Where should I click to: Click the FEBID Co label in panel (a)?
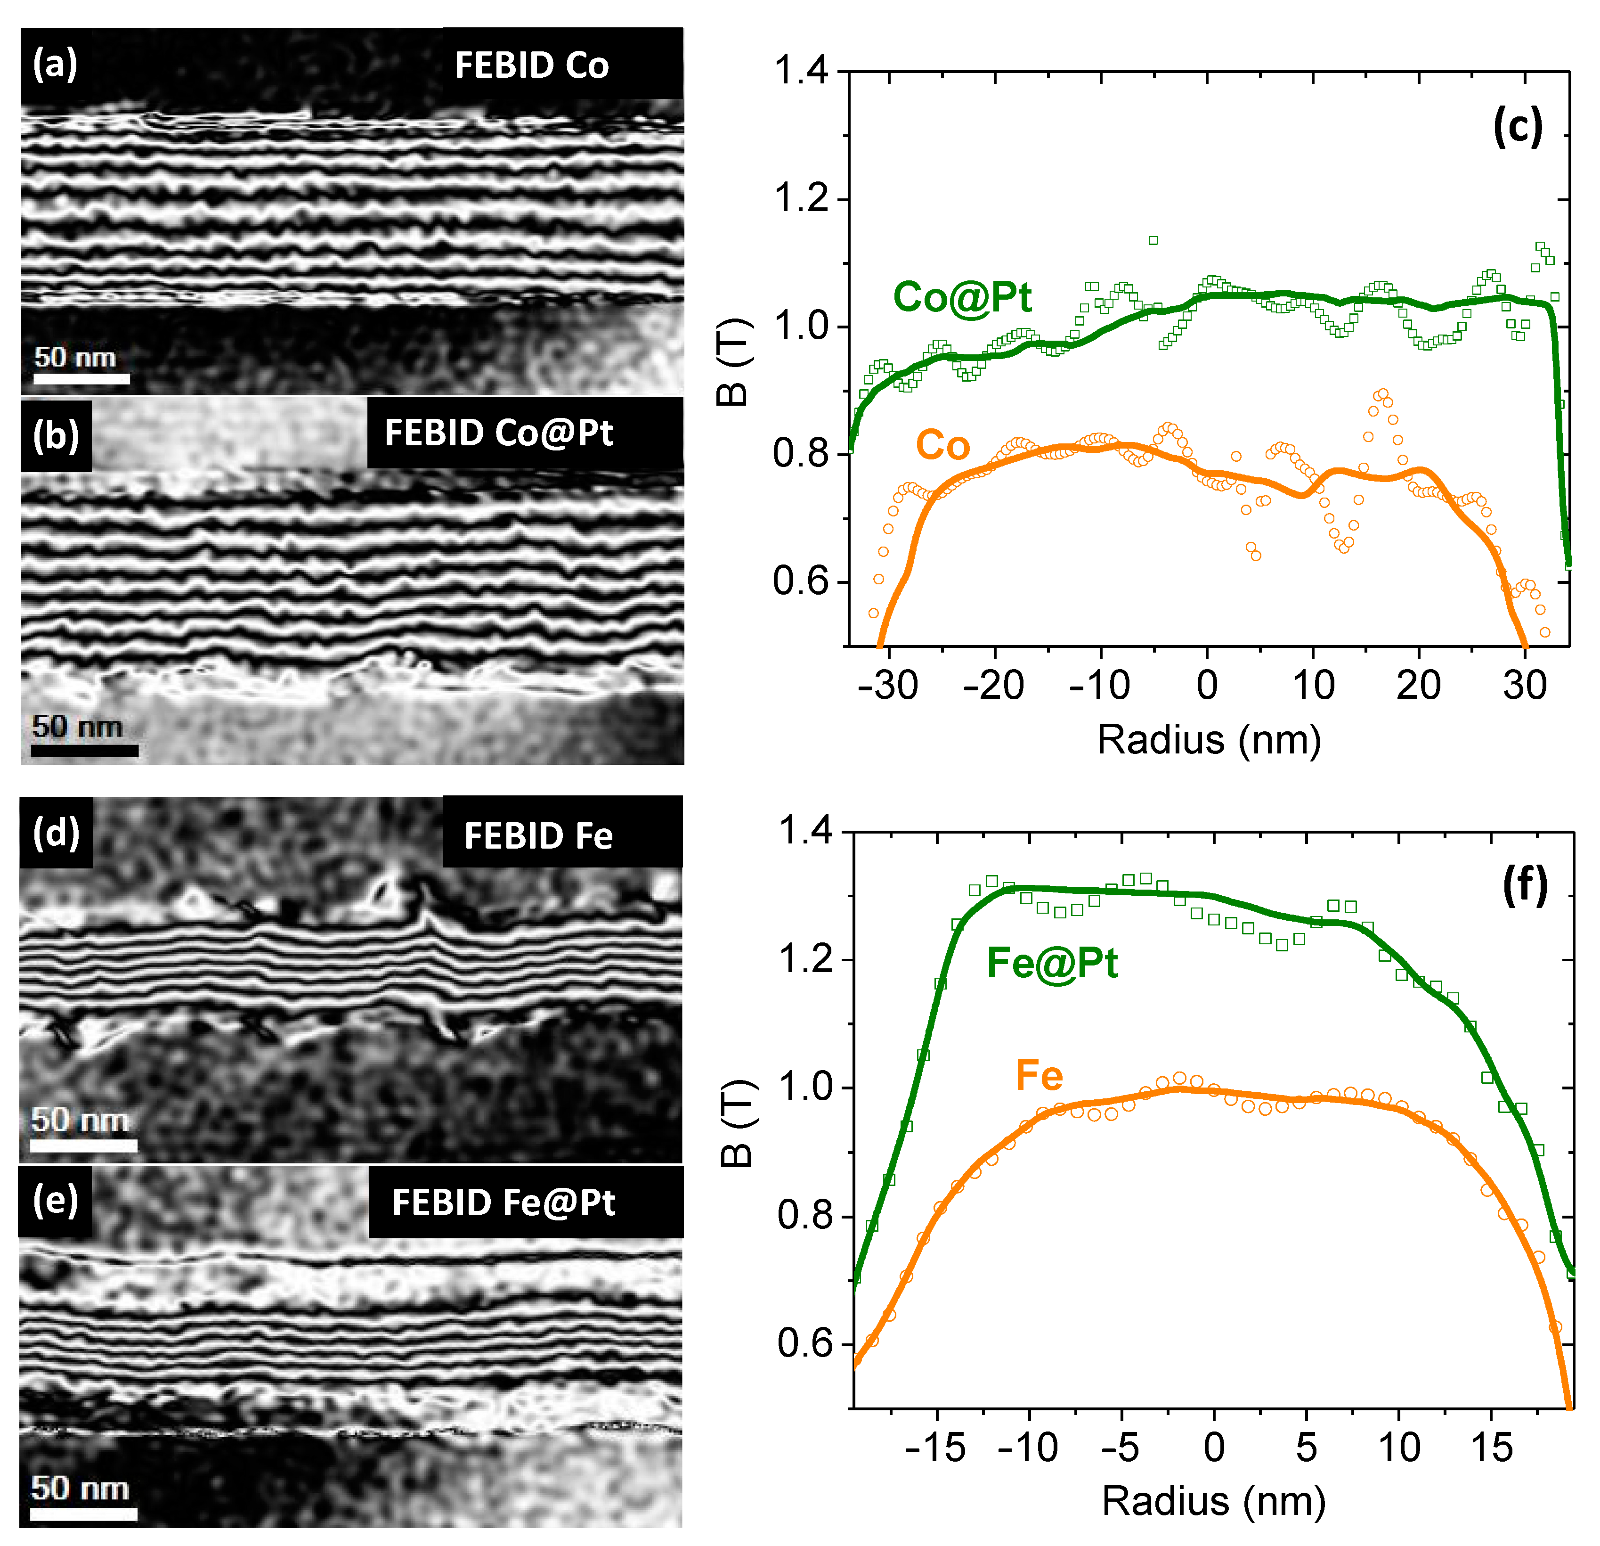pos(531,65)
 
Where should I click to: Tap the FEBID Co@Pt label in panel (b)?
pos(499,433)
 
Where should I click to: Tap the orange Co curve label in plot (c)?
pos(943,445)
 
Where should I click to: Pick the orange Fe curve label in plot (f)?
pos(1039,1076)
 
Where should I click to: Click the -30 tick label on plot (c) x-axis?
pos(888,684)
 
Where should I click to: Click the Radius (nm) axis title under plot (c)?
pos(1208,740)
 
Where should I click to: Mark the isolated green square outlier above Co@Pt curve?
pos(1153,240)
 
